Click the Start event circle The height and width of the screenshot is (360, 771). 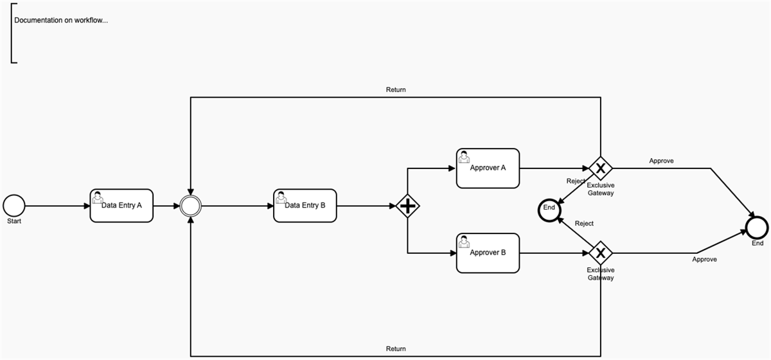13,206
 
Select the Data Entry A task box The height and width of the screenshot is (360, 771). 121,206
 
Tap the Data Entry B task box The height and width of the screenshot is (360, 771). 305,206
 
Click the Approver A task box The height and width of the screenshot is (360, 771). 488,168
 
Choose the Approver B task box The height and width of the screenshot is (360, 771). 488,253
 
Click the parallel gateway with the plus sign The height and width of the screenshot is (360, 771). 407,206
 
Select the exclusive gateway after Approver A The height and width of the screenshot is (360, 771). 600,168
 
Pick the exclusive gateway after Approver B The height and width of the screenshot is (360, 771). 600,253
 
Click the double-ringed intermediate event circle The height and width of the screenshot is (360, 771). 191,206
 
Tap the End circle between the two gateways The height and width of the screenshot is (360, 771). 549,208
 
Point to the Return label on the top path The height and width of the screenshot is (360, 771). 396,90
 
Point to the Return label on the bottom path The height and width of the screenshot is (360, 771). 396,349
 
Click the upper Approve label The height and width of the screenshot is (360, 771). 661,161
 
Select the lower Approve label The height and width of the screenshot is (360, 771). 704,260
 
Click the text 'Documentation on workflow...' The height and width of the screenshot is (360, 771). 61,20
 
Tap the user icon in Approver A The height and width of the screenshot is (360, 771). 463,156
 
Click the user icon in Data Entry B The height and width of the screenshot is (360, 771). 281,196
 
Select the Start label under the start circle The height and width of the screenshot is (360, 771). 14,221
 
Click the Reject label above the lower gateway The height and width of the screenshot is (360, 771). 584,224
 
